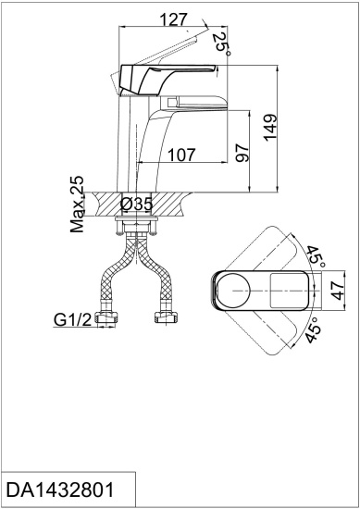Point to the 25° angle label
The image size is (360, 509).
220,43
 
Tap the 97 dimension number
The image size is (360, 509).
242,154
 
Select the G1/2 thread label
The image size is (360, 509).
71,321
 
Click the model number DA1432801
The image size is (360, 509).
60,490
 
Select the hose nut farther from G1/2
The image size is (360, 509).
168,319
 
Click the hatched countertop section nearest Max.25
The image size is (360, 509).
106,203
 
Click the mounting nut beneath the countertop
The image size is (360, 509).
138,223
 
